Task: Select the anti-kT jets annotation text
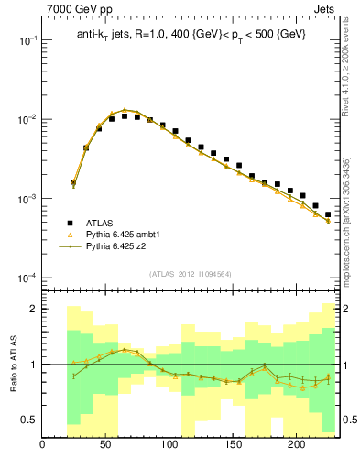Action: pyautogui.click(x=191, y=34)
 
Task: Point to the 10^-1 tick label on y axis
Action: pyautogui.click(x=26, y=41)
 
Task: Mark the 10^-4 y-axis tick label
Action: pyautogui.click(x=26, y=278)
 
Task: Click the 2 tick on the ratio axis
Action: pyautogui.click(x=32, y=309)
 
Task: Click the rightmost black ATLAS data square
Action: pyautogui.click(x=328, y=214)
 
